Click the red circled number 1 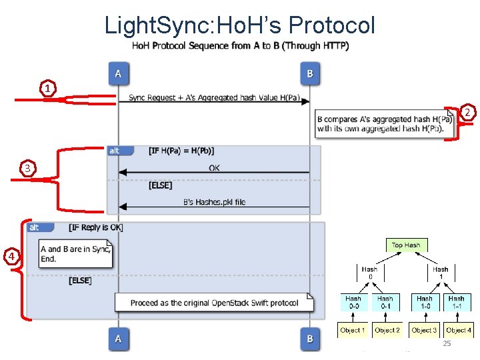point(47,88)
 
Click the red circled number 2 point(468,112)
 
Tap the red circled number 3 point(27,169)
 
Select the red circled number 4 point(10,256)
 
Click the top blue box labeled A point(118,73)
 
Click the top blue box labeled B point(309,73)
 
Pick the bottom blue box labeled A point(118,339)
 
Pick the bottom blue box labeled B point(309,339)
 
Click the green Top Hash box point(405,245)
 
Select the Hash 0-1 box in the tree point(385,302)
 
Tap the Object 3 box point(424,330)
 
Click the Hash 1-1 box point(457,302)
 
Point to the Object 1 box point(353,330)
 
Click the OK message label point(214,168)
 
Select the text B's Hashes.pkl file point(214,202)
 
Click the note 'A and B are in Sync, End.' point(75,254)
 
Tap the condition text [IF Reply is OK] point(96,227)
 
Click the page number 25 point(447,343)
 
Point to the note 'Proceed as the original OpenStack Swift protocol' point(214,303)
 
